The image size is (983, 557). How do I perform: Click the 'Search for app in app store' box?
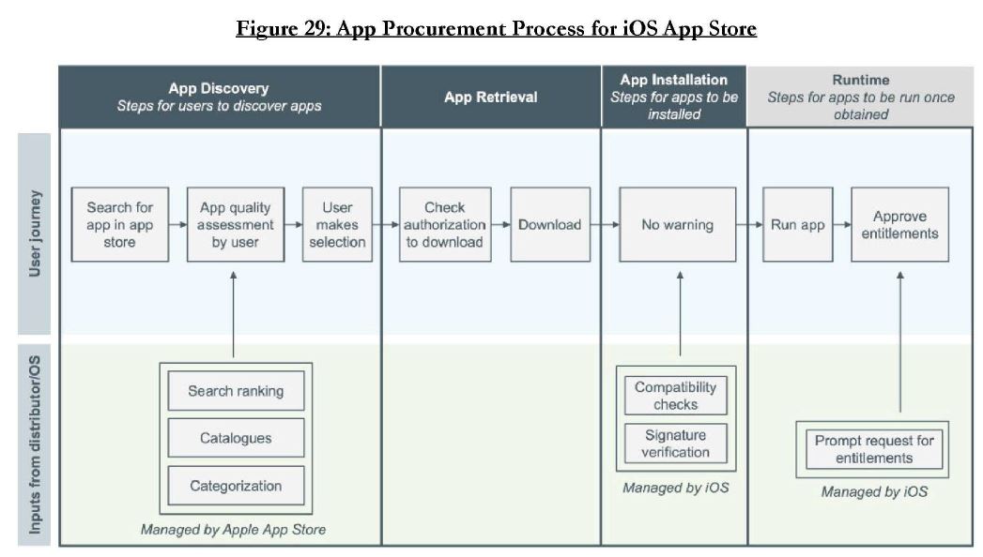120,224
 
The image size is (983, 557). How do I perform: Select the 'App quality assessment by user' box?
235,224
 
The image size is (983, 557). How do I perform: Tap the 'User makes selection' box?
337,224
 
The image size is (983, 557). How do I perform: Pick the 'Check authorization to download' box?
444,224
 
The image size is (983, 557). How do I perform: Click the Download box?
550,224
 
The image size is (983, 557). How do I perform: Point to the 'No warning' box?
677,224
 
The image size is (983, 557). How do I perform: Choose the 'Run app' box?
797,224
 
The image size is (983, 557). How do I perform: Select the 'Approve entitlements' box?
899,224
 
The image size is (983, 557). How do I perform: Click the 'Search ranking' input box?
236,390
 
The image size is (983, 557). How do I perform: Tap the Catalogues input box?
236,438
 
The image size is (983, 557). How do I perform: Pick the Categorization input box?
236,486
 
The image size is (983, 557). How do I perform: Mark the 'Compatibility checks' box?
675,396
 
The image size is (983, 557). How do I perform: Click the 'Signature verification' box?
675,444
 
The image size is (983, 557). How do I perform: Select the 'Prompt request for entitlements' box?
874,449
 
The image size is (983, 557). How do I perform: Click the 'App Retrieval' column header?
491,97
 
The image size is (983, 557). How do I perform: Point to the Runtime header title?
861,80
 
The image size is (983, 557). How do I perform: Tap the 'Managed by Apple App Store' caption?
233,530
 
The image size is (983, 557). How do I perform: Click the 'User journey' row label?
35,233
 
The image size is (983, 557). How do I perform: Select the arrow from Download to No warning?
605,224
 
